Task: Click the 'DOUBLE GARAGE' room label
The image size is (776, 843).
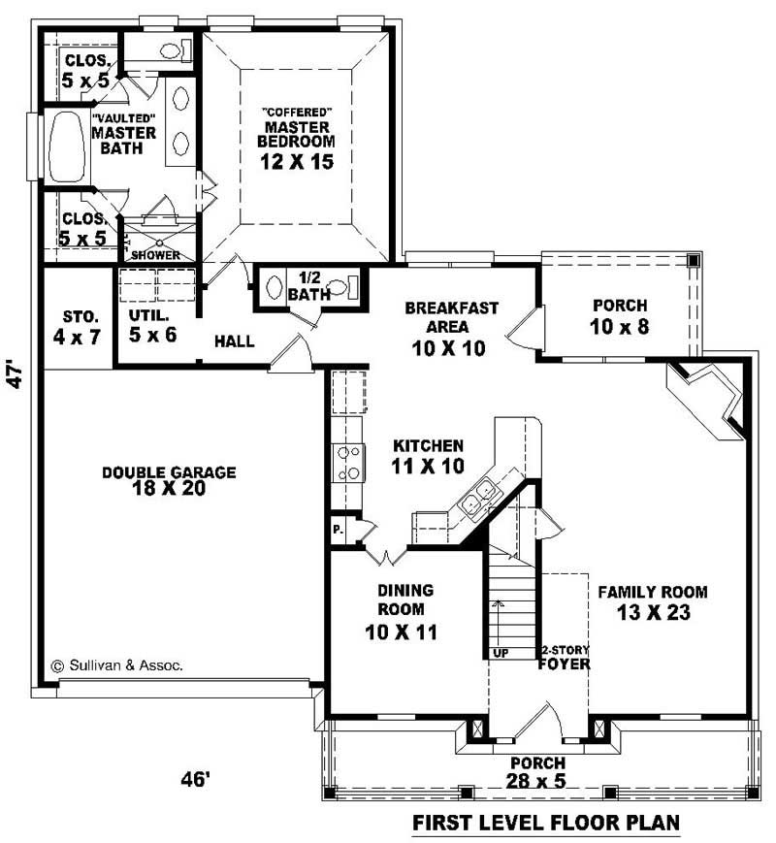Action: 169,472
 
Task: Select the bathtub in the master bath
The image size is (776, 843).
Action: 65,146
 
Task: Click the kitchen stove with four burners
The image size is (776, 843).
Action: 348,462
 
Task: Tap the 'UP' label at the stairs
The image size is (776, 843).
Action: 501,653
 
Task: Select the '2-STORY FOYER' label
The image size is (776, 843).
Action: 566,657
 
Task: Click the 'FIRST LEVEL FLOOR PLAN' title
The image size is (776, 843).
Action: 546,824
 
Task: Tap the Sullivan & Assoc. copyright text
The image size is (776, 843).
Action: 116,666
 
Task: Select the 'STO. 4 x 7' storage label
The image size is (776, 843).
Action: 80,326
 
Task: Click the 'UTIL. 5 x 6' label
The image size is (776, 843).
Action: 152,326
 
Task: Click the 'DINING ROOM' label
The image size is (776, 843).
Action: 406,600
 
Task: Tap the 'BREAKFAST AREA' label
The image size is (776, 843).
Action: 452,318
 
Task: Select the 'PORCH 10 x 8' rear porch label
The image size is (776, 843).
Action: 619,316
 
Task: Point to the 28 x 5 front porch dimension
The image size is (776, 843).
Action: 534,781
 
